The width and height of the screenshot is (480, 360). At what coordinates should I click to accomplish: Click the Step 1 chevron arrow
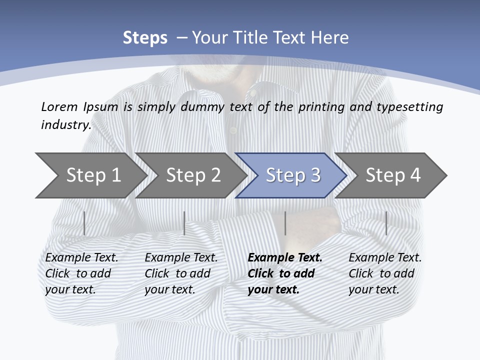(x=92, y=175)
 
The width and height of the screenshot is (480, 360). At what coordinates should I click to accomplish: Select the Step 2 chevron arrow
(x=192, y=175)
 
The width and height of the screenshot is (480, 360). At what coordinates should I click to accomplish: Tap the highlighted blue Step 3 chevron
(x=292, y=175)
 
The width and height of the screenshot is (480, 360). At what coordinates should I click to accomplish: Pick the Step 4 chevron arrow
(x=392, y=175)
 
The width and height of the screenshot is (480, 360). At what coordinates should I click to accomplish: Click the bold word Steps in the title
(x=145, y=38)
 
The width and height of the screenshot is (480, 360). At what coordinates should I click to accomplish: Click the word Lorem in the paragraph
(x=59, y=106)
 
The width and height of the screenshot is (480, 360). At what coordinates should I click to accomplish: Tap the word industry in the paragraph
(x=65, y=125)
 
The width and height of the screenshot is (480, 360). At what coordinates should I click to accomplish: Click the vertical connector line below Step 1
(x=84, y=223)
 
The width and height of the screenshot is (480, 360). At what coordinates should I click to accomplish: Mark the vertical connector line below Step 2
(x=184, y=223)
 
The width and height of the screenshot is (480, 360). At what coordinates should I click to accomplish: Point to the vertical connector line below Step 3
(x=285, y=223)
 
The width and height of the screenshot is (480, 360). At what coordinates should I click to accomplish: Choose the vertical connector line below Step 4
(x=386, y=223)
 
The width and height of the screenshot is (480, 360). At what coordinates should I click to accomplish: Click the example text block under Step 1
(x=81, y=273)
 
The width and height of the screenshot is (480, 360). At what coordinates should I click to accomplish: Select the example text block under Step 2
(x=181, y=273)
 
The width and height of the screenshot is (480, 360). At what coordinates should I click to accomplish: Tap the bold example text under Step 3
(x=285, y=273)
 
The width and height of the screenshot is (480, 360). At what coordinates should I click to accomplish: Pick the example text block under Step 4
(x=385, y=273)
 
